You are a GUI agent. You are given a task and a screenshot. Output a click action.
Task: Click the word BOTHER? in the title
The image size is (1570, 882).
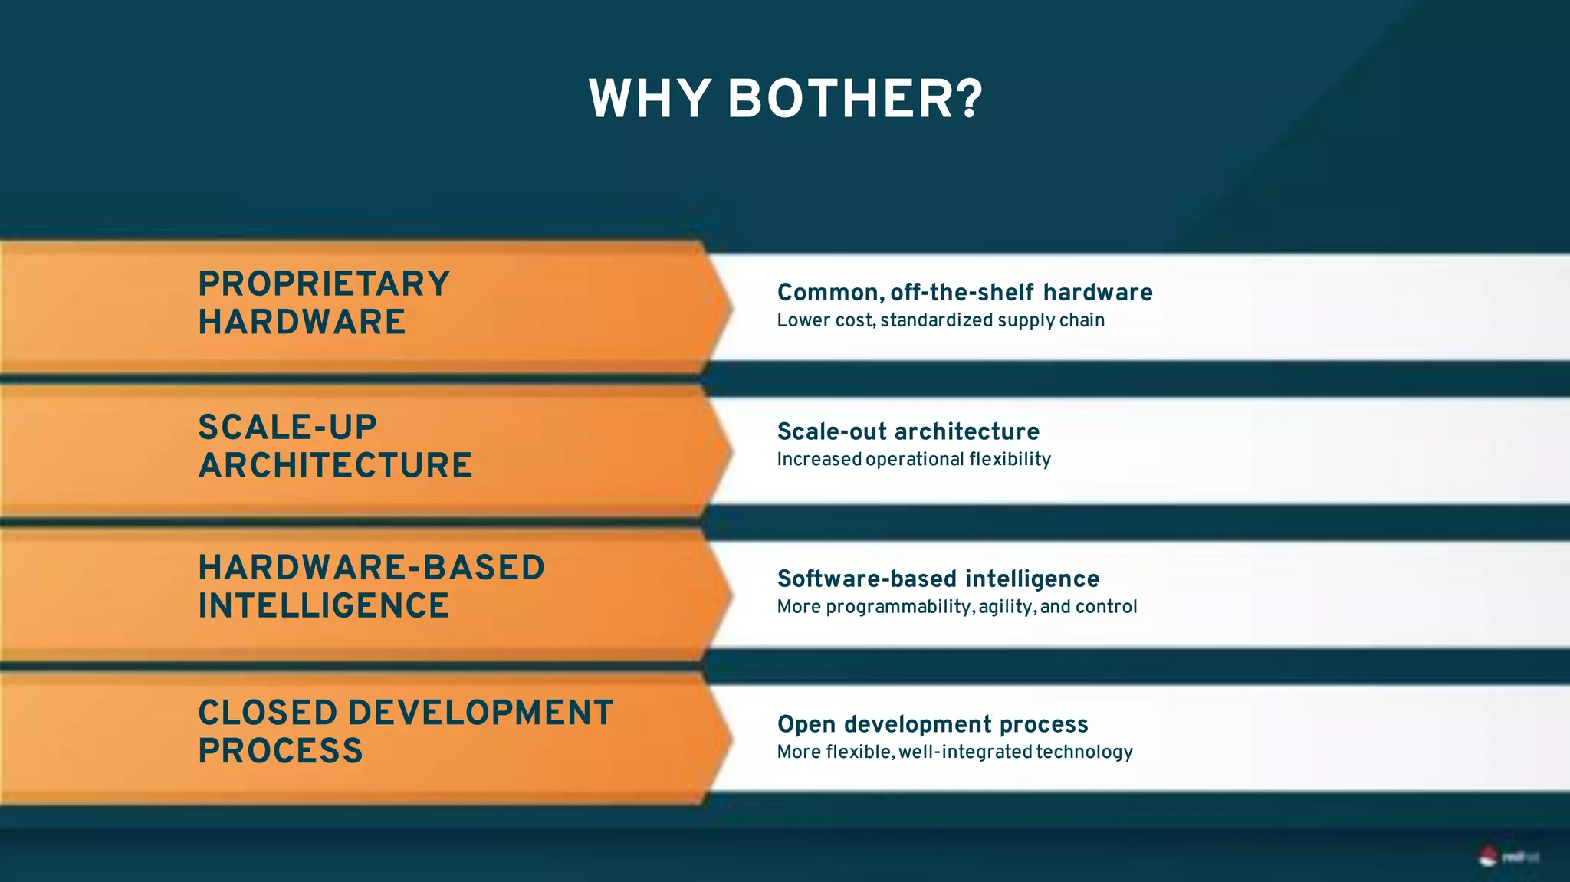pos(855,100)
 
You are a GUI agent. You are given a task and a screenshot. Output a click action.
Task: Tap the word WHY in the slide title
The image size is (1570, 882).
pos(649,100)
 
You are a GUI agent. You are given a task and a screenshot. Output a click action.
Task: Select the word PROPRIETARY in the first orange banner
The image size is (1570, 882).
pos(324,284)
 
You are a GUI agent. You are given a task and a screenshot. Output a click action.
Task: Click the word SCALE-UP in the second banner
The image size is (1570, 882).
pos(287,428)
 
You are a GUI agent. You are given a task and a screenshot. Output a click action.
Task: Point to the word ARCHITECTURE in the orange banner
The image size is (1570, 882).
pos(335,466)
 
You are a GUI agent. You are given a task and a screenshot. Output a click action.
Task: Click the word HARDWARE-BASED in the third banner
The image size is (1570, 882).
pos(372,568)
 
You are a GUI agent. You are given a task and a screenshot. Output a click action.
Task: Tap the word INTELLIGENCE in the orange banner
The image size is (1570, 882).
pos(324,606)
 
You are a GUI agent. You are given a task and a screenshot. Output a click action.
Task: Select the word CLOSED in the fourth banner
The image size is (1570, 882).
pos(268,713)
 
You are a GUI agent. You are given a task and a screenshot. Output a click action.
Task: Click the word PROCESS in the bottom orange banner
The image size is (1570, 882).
pos(281,751)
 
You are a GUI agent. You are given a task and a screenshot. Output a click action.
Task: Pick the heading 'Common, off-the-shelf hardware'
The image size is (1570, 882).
pos(964,293)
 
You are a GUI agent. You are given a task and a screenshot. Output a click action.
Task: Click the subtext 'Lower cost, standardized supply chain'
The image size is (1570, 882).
pos(941,320)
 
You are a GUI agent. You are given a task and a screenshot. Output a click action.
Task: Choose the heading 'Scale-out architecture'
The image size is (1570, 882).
pos(908,431)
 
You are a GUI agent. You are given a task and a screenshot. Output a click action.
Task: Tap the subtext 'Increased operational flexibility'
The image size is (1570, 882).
pos(914,459)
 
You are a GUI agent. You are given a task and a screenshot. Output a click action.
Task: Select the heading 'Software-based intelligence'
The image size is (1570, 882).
pos(938,579)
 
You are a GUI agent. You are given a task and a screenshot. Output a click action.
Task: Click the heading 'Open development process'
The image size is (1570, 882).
pos(932,724)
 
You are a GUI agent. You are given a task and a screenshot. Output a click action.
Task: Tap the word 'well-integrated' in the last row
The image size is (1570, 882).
pos(965,752)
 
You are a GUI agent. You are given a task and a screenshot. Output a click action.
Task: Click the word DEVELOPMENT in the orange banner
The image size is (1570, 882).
pos(481,713)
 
